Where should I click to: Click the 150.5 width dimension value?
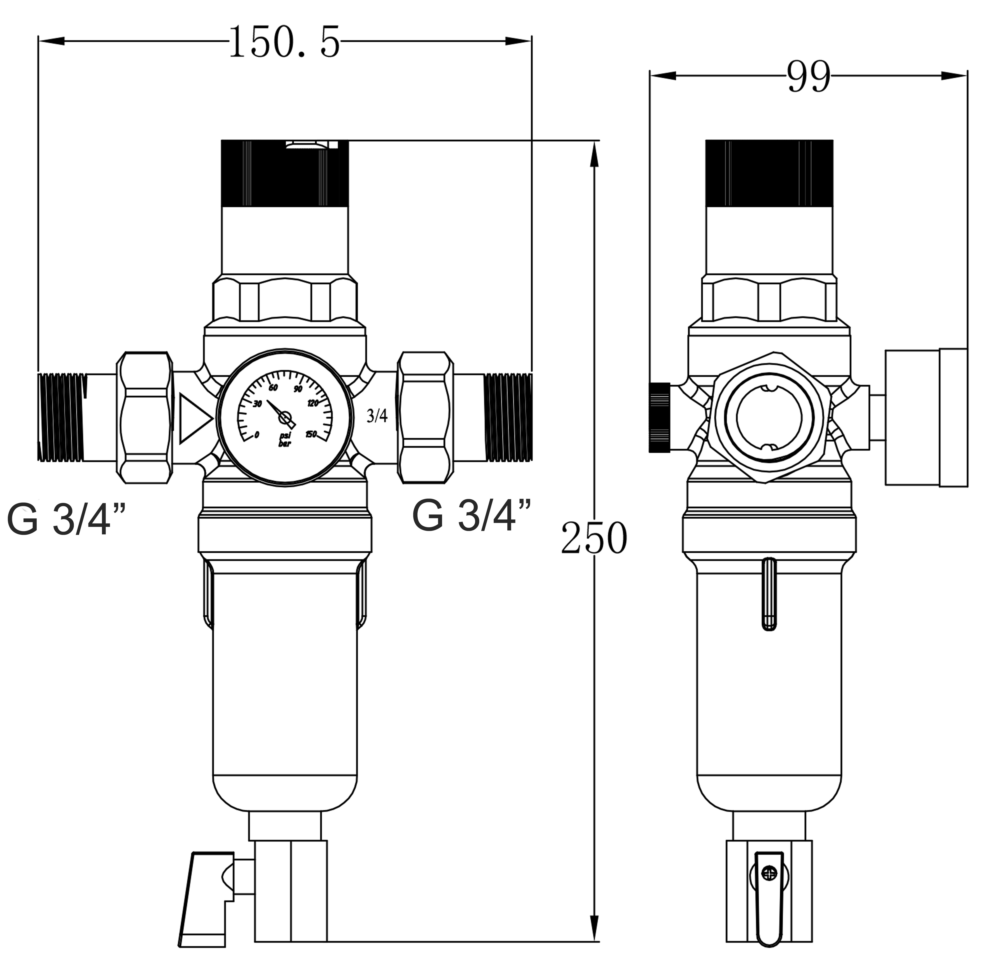coord(284,42)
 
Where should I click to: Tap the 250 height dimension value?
coord(594,538)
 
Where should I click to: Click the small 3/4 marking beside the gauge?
coord(377,416)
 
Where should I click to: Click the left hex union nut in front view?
coord(145,417)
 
